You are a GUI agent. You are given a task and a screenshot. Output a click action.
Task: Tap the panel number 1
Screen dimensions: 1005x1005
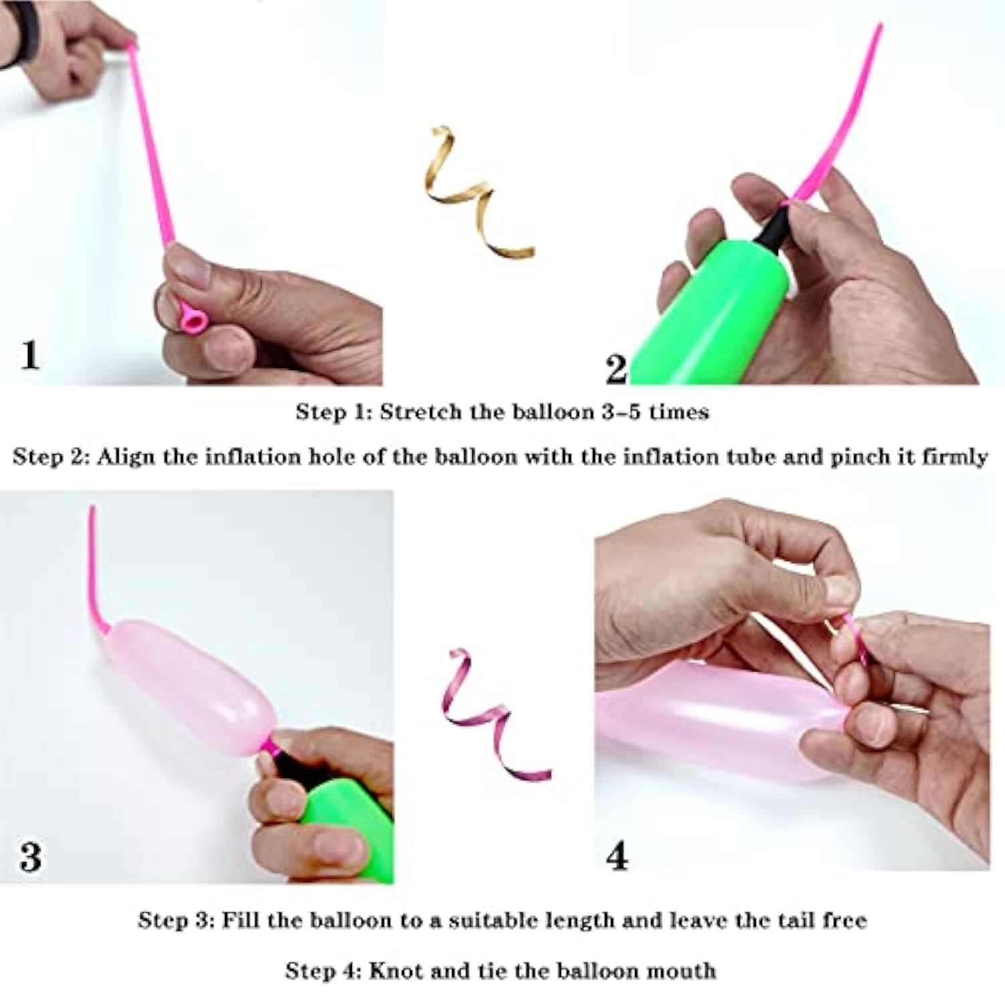pos(29,355)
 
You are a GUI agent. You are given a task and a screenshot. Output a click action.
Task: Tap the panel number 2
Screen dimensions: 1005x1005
pos(616,369)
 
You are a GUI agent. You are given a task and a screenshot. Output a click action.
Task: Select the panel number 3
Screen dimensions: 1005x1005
pos(31,857)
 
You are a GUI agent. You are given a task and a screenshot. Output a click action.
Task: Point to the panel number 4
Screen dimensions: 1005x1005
pos(617,856)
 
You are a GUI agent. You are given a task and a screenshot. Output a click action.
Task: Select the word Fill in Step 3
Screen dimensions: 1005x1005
pos(240,920)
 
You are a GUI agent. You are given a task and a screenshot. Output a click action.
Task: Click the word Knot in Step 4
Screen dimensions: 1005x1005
pos(395,970)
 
